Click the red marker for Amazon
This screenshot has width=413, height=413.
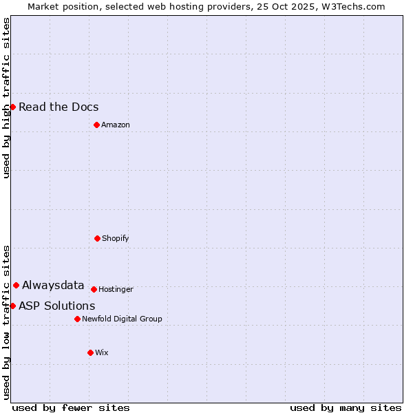96,125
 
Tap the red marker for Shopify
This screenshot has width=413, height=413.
97,238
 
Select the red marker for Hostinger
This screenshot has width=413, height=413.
94,289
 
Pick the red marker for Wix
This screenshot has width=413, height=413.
90,352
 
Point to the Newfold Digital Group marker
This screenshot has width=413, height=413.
77,319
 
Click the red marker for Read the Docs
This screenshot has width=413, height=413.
12,107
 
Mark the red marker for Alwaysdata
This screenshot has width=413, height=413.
16,285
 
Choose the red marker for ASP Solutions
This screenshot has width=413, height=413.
12,306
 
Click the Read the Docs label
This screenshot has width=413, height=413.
59,107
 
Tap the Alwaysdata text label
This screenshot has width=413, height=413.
53,285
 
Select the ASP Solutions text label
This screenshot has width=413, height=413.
56,306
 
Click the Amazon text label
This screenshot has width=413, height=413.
116,125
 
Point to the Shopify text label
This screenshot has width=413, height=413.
116,238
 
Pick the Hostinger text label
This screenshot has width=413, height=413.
116,289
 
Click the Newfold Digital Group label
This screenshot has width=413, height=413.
122,319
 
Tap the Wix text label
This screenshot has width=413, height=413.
102,352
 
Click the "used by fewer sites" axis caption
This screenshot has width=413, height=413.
71,407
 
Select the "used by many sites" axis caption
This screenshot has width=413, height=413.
346,407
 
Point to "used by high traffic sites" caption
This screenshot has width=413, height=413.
6,98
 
